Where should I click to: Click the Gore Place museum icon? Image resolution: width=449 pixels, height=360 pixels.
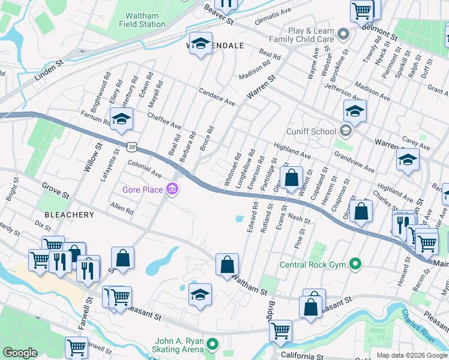point(173,190)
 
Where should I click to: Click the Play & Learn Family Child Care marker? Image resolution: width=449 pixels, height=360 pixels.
point(343,34)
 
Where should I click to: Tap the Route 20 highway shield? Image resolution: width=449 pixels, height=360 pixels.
point(132,146)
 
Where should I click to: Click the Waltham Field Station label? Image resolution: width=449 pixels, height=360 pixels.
point(145,20)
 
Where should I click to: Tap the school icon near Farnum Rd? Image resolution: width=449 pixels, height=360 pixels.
point(121,119)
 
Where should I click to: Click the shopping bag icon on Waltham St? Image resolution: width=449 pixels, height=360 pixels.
point(227,265)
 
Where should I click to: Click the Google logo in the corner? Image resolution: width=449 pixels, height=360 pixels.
point(20,353)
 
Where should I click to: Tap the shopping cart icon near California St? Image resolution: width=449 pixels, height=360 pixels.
point(280,331)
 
